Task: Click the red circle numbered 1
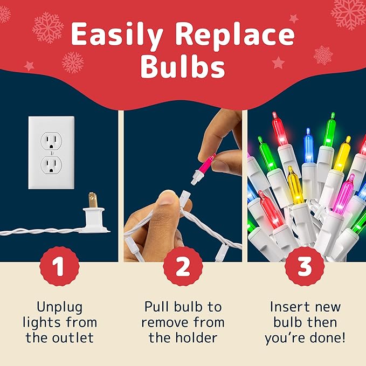(59, 266)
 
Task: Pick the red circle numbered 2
(183, 266)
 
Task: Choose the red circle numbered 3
(305, 266)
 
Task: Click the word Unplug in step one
(59, 307)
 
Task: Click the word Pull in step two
(157, 307)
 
